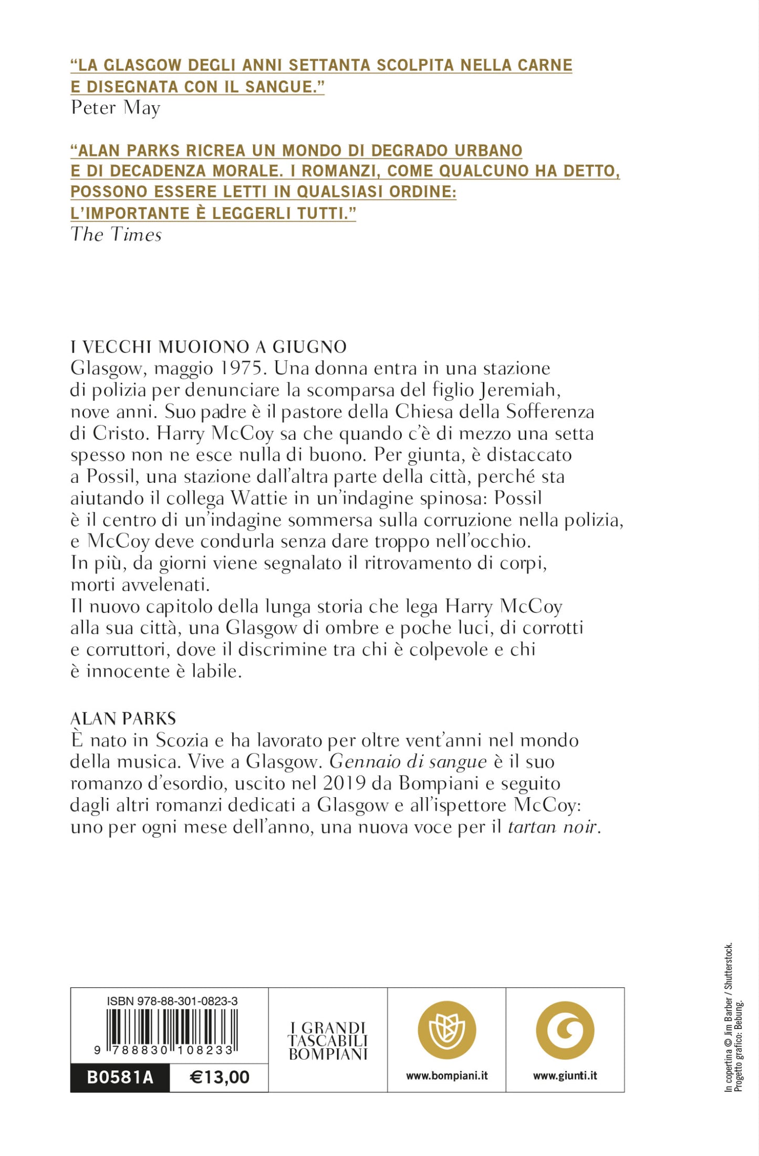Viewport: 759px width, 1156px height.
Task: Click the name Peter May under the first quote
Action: pyautogui.click(x=116, y=108)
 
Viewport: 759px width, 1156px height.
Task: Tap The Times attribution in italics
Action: pyautogui.click(x=116, y=234)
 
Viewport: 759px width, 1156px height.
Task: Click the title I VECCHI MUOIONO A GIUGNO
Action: pyautogui.click(x=209, y=347)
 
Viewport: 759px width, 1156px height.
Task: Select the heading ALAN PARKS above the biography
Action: pyautogui.click(x=123, y=718)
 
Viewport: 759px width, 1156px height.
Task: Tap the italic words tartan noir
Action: pyautogui.click(x=553, y=827)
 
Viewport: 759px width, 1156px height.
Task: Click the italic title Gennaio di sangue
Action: pyautogui.click(x=408, y=762)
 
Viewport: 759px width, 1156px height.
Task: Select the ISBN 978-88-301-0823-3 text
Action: pyautogui.click(x=172, y=1001)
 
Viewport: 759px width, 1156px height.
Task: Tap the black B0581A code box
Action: pyautogui.click(x=120, y=1077)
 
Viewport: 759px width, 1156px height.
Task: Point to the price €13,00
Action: pyautogui.click(x=219, y=1077)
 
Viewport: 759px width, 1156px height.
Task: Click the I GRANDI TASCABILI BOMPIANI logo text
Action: pyautogui.click(x=328, y=1041)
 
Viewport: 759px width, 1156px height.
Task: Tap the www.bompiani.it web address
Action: pyautogui.click(x=446, y=1076)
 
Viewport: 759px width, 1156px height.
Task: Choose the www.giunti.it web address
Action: pyautogui.click(x=565, y=1076)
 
